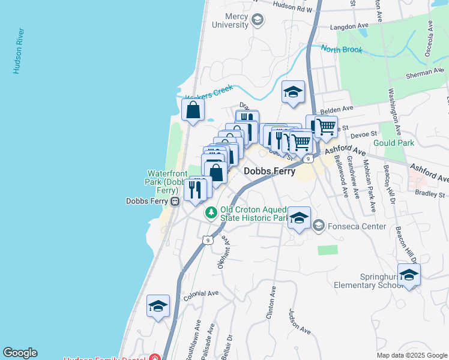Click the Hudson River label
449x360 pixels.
click(x=18, y=51)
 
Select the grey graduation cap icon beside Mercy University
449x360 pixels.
click(x=258, y=20)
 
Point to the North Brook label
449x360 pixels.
click(x=341, y=49)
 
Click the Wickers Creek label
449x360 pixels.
click(x=208, y=93)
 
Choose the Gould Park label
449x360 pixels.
click(x=393, y=143)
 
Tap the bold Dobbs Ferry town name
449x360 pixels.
click(x=270, y=172)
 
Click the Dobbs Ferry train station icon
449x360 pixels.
click(x=175, y=201)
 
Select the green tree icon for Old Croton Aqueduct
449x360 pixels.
click(x=211, y=212)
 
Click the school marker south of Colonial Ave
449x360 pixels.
click(x=158, y=306)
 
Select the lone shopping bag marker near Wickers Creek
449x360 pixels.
click(x=193, y=110)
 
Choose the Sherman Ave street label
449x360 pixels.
click(x=425, y=73)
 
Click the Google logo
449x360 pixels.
click(x=20, y=353)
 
